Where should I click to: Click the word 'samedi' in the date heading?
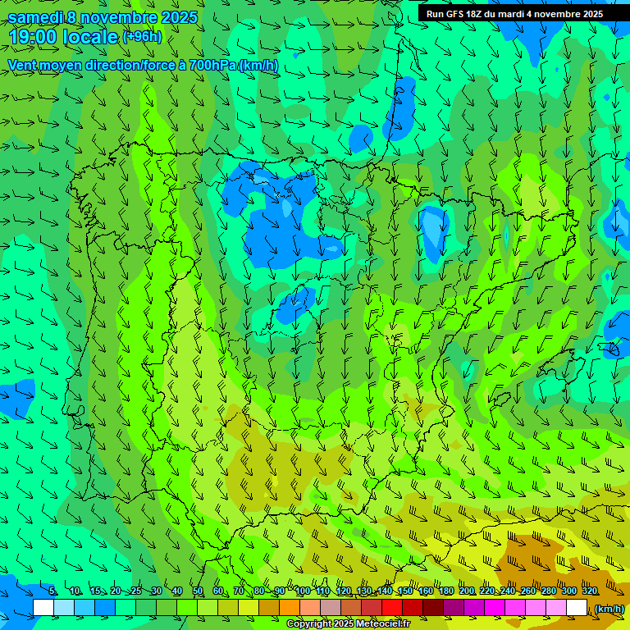click(x=35, y=17)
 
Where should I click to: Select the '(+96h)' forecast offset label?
click(x=142, y=36)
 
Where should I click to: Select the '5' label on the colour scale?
click(x=52, y=591)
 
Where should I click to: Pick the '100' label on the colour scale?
click(x=303, y=591)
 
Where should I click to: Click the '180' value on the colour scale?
click(x=446, y=591)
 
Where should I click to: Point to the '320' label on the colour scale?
click(x=590, y=591)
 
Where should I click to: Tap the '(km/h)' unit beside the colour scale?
click(x=609, y=608)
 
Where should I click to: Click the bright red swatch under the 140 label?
click(x=392, y=607)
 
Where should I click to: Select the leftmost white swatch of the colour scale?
click(x=43, y=607)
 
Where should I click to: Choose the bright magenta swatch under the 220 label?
click(x=495, y=607)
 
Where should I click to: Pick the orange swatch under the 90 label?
click(x=290, y=607)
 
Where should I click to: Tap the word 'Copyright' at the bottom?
click(x=311, y=624)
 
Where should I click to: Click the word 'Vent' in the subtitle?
click(x=24, y=65)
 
